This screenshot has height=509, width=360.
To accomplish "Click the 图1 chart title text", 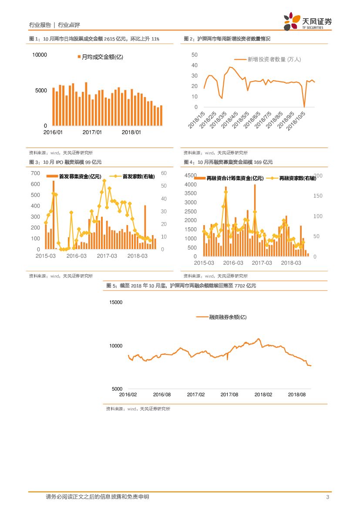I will pos(94,39).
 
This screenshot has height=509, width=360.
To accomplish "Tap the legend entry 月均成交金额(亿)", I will pos(100,57).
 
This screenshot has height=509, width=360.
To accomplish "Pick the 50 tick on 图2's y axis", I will pos(194,55).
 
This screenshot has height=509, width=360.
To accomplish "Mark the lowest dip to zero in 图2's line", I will pos(304,107).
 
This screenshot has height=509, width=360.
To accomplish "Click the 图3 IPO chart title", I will pos(65,162).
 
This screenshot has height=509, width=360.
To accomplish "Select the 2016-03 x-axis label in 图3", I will pos(76,256).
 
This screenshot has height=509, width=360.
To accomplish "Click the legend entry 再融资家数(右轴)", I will pos(297,178).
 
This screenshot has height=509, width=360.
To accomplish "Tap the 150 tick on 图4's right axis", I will pos(318,196).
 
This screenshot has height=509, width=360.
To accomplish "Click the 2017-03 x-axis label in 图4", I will pos(262,263).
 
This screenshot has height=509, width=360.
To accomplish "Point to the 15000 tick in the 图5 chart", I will pos(116,302).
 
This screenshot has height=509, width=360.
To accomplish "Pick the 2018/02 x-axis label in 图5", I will pos(263,394).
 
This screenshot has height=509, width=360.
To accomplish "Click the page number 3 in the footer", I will pos(327,497).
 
